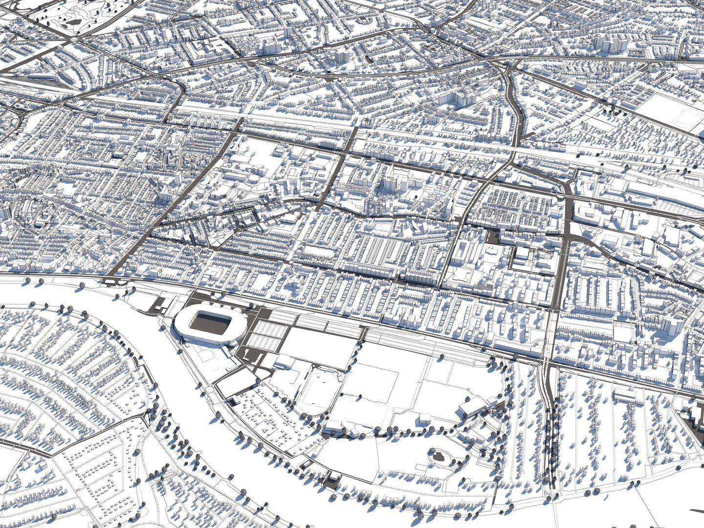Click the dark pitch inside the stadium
pos(211,323)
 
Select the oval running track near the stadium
pos(316,391)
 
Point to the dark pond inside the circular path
pos(439,457)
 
